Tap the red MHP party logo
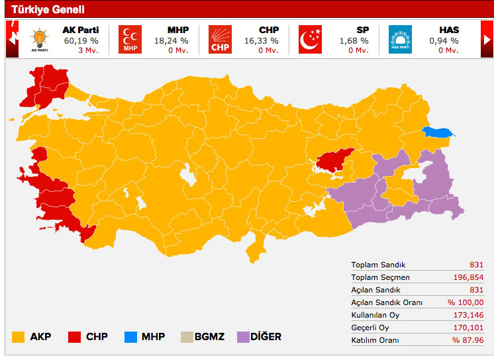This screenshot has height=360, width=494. click(129, 39)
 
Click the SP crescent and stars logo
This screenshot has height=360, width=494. click(309, 39)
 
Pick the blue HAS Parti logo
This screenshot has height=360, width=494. click(399, 39)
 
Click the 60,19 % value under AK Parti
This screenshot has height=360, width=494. click(79, 40)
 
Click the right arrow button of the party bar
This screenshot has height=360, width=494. click(487, 38)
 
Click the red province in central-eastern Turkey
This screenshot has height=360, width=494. click(334, 159)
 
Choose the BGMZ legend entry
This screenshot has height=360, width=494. click(202, 337)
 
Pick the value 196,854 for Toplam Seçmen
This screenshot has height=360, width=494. click(468, 277)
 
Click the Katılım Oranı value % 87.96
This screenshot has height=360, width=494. click(468, 340)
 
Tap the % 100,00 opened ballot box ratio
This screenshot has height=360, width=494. click(468, 302)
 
